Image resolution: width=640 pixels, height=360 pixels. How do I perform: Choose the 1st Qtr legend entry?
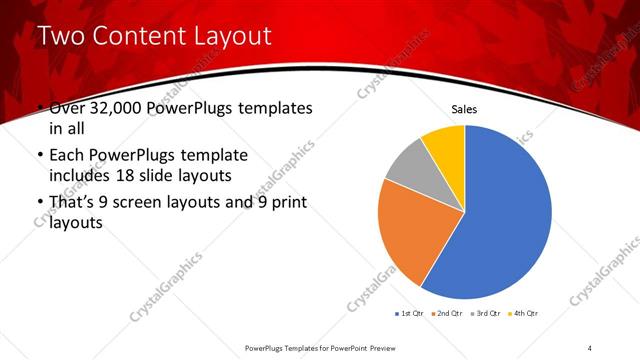pyautogui.click(x=409, y=314)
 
